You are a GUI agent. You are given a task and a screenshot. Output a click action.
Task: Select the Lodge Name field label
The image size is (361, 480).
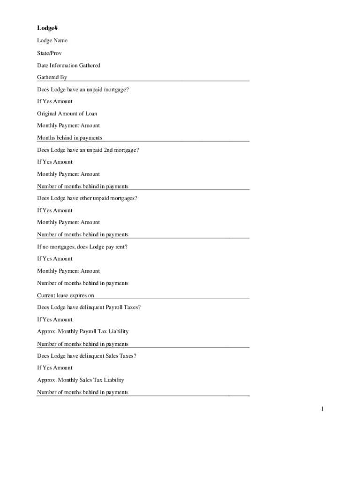(x=52, y=41)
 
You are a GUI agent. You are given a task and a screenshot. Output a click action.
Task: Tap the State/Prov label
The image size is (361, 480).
(x=49, y=53)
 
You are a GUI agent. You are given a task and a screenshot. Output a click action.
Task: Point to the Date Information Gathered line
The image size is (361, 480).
(x=68, y=65)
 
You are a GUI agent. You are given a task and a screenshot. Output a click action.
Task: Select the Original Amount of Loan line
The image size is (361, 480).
(x=67, y=113)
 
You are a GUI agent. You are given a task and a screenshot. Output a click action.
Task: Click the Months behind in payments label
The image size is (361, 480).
(x=69, y=138)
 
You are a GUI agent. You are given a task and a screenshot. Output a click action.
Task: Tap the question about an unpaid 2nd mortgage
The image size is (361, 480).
(x=88, y=150)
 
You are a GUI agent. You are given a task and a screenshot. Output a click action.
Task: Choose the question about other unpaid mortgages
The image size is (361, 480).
(x=87, y=198)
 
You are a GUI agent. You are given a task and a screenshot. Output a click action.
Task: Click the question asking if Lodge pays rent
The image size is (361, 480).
(x=82, y=247)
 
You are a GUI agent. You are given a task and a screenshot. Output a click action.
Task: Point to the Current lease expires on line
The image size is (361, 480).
(x=66, y=295)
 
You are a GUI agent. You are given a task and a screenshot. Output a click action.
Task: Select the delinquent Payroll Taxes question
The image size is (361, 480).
(x=89, y=307)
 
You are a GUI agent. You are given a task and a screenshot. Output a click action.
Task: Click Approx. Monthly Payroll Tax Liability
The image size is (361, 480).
(x=83, y=331)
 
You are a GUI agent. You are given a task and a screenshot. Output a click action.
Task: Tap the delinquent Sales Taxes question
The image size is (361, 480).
(x=87, y=356)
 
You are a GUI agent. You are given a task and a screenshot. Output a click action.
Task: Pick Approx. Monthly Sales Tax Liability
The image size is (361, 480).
(x=80, y=380)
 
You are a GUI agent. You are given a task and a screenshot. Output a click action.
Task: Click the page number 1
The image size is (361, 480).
(x=322, y=410)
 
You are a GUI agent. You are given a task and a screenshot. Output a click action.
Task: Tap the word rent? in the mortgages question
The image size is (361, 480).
(x=121, y=247)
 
